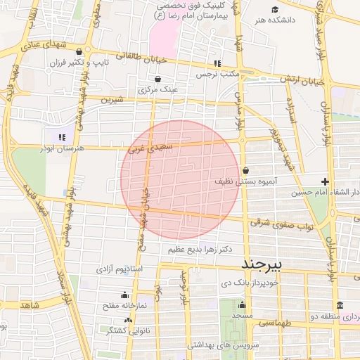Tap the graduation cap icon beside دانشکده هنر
tap(275, 9)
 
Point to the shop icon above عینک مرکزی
tap(157, 79)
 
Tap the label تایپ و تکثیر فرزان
tap(77, 63)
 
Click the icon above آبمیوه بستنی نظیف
tap(246, 170)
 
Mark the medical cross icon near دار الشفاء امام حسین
tap(324, 181)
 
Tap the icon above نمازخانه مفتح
tap(125, 295)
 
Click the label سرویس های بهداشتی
tap(224, 346)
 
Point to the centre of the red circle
tap(181, 180)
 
